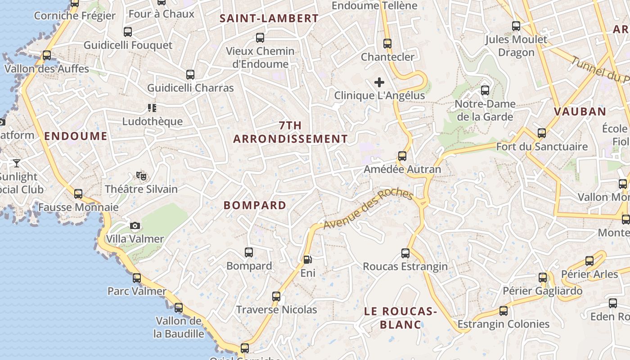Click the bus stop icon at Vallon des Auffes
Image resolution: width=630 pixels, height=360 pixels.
coord(46,55)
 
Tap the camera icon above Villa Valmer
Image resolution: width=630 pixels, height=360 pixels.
coord(135,226)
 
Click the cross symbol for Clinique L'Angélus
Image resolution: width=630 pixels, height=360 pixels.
coord(379,82)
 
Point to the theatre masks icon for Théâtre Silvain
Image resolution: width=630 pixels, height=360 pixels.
coord(141,176)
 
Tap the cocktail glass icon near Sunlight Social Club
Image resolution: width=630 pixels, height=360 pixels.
coord(17,163)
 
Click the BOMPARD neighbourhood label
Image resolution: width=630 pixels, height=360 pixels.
coord(255,205)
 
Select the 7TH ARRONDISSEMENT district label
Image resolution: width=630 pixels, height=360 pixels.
coord(290,132)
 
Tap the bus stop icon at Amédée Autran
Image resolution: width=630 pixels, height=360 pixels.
coord(402,156)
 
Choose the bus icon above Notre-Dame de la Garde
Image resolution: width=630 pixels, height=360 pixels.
coord(485,90)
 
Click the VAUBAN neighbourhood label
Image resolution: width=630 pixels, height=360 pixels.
coord(580,112)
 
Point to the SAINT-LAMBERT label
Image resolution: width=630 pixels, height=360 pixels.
coord(269,18)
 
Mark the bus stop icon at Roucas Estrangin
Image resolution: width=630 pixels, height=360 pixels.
coord(405,253)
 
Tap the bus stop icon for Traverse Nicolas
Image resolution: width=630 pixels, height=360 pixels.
coord(276,297)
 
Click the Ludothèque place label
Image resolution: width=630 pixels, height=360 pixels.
coord(153,121)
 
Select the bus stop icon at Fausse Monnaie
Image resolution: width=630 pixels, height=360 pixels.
coord(78,194)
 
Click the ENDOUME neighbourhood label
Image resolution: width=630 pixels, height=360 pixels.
coord(76,136)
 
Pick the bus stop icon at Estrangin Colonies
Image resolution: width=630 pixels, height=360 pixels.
coord(503,311)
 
